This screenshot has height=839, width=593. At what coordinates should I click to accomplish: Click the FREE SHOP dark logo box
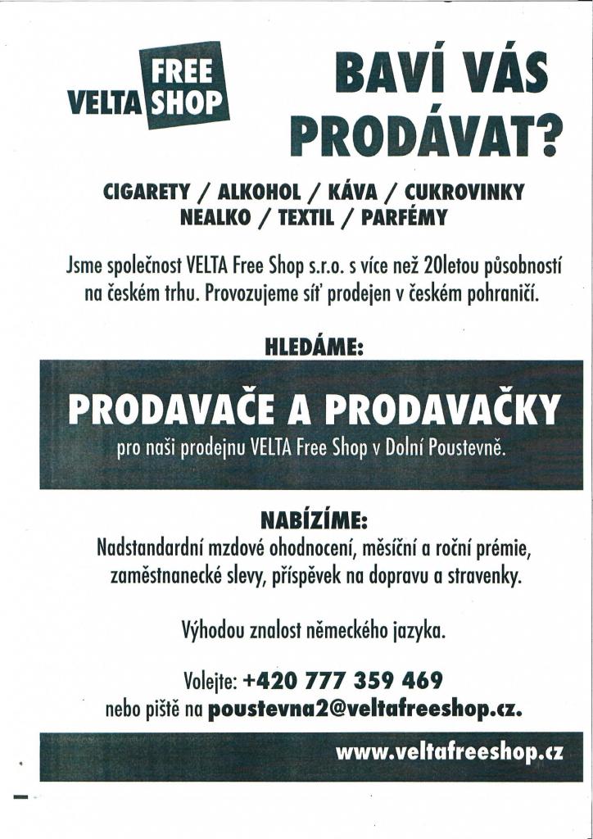pos(185,84)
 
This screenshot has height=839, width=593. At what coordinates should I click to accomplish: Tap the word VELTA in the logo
pos(105,103)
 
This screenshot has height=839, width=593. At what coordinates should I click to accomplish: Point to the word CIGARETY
pos(147,193)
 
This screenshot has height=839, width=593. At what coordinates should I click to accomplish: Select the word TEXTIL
pos(307,218)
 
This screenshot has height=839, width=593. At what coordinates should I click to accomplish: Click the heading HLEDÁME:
pos(314,347)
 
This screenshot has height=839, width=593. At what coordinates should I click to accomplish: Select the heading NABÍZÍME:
pos(314,520)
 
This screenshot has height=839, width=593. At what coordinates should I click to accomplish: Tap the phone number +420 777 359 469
pos(343,680)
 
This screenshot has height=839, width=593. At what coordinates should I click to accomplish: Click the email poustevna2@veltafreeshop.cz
pos(366,708)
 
